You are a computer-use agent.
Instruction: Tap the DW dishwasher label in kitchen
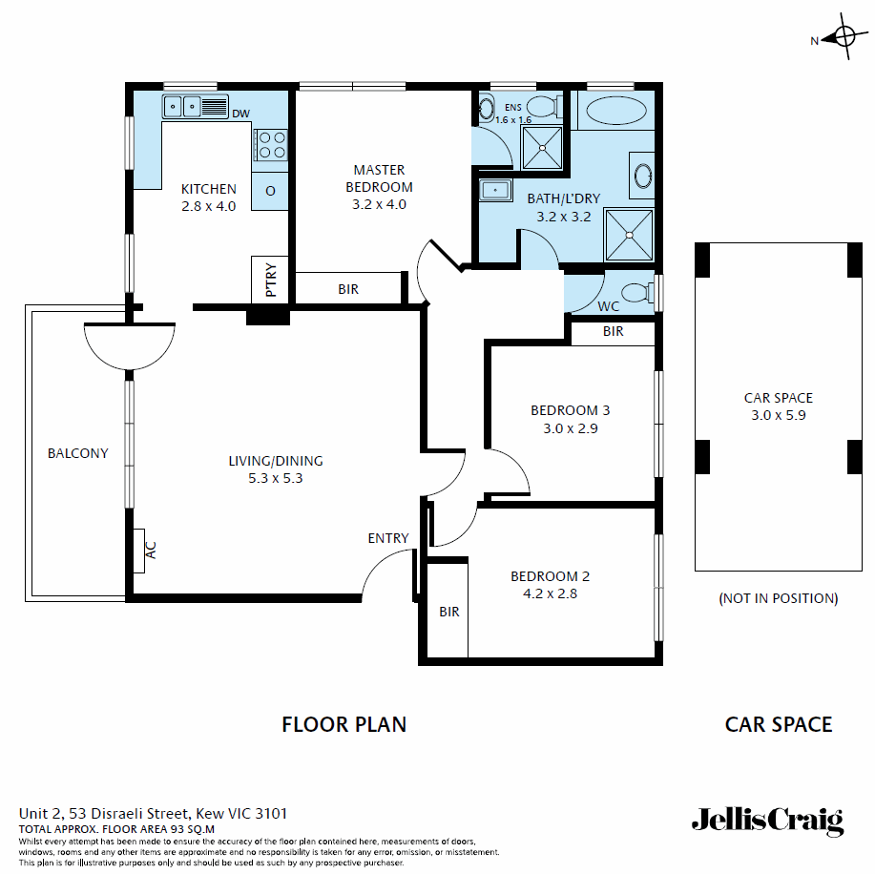[x=240, y=114]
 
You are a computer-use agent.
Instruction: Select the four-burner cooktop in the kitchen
[x=271, y=144]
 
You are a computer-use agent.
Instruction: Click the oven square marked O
[x=270, y=191]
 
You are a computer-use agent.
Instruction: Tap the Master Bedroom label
[x=379, y=178]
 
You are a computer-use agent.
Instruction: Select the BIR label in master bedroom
[x=348, y=289]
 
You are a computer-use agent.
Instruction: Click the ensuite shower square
[x=542, y=147]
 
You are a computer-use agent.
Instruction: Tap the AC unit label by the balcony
[x=150, y=551]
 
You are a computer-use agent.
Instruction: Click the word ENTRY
[x=388, y=538]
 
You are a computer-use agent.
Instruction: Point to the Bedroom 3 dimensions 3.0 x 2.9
[x=570, y=428]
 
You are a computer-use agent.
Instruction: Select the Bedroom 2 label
[x=550, y=576]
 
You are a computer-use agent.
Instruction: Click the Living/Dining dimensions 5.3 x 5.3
[x=275, y=478]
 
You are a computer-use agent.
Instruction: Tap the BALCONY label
[x=78, y=453]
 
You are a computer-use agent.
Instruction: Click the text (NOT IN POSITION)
[x=778, y=598]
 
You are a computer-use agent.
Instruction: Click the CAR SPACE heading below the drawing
[x=778, y=724]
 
